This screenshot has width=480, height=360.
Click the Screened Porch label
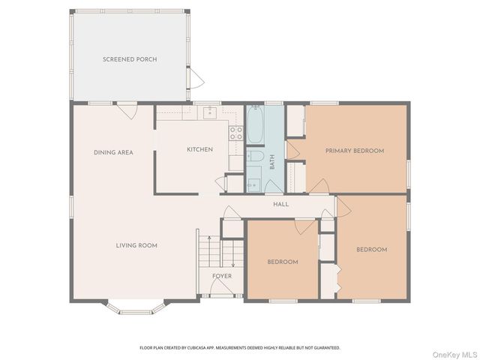130,59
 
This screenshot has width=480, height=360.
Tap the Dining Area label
113,152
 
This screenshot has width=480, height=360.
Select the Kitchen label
200,149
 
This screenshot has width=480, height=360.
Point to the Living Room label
136,245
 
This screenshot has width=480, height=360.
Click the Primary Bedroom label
355,151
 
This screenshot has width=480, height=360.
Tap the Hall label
280,204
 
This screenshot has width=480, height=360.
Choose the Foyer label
222,276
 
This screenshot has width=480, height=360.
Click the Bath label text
272,162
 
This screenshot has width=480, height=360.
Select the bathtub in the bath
255,124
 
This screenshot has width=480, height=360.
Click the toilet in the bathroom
255,156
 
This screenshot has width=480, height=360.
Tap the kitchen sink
210,112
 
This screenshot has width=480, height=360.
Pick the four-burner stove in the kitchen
236,133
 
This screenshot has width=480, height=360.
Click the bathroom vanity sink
253,185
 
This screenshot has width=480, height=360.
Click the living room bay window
136,308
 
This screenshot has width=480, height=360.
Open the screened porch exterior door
196,78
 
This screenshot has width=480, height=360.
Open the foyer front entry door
221,288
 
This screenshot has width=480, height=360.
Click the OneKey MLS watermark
454,355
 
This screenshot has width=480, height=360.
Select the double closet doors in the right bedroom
339,278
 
